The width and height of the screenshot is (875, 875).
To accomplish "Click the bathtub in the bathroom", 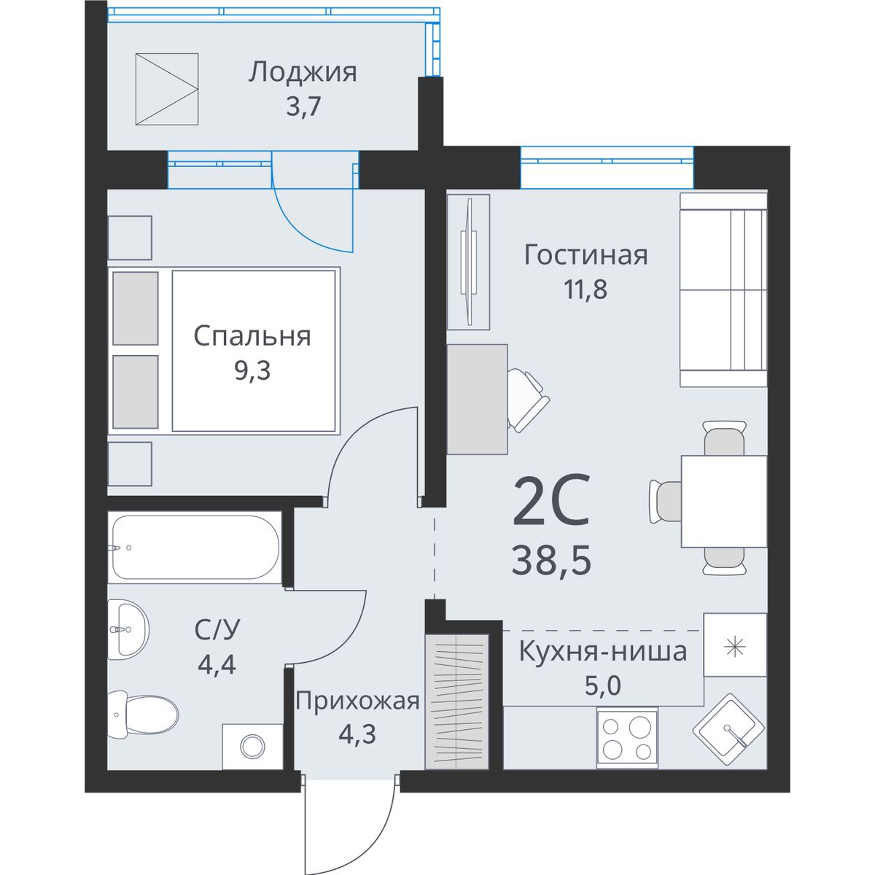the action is point(195,547).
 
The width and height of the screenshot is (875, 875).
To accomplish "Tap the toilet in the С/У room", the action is point(143,715).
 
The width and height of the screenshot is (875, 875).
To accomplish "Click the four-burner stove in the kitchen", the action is point(627,739).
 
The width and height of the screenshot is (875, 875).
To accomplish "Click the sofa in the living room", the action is point(723,289).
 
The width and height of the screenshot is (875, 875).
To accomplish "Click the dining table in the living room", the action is point(724,501).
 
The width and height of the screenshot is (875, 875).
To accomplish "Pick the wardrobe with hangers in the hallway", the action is point(456,701).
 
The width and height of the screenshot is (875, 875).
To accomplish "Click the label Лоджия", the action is point(303,73).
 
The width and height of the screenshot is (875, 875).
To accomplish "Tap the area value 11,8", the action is point(586,289).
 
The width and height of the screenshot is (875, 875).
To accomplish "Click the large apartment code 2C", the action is point(551,499).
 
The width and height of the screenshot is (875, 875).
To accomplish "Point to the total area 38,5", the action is point(551,560).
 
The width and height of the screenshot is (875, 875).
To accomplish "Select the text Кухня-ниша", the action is point(602,652).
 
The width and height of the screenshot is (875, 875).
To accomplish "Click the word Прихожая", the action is point(357,701).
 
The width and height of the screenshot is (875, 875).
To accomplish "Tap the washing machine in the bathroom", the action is point(252,747).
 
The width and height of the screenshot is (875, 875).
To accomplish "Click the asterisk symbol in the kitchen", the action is point(734,647).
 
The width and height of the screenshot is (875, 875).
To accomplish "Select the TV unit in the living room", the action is point(468,262).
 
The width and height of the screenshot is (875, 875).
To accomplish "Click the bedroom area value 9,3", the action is point(252,370).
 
